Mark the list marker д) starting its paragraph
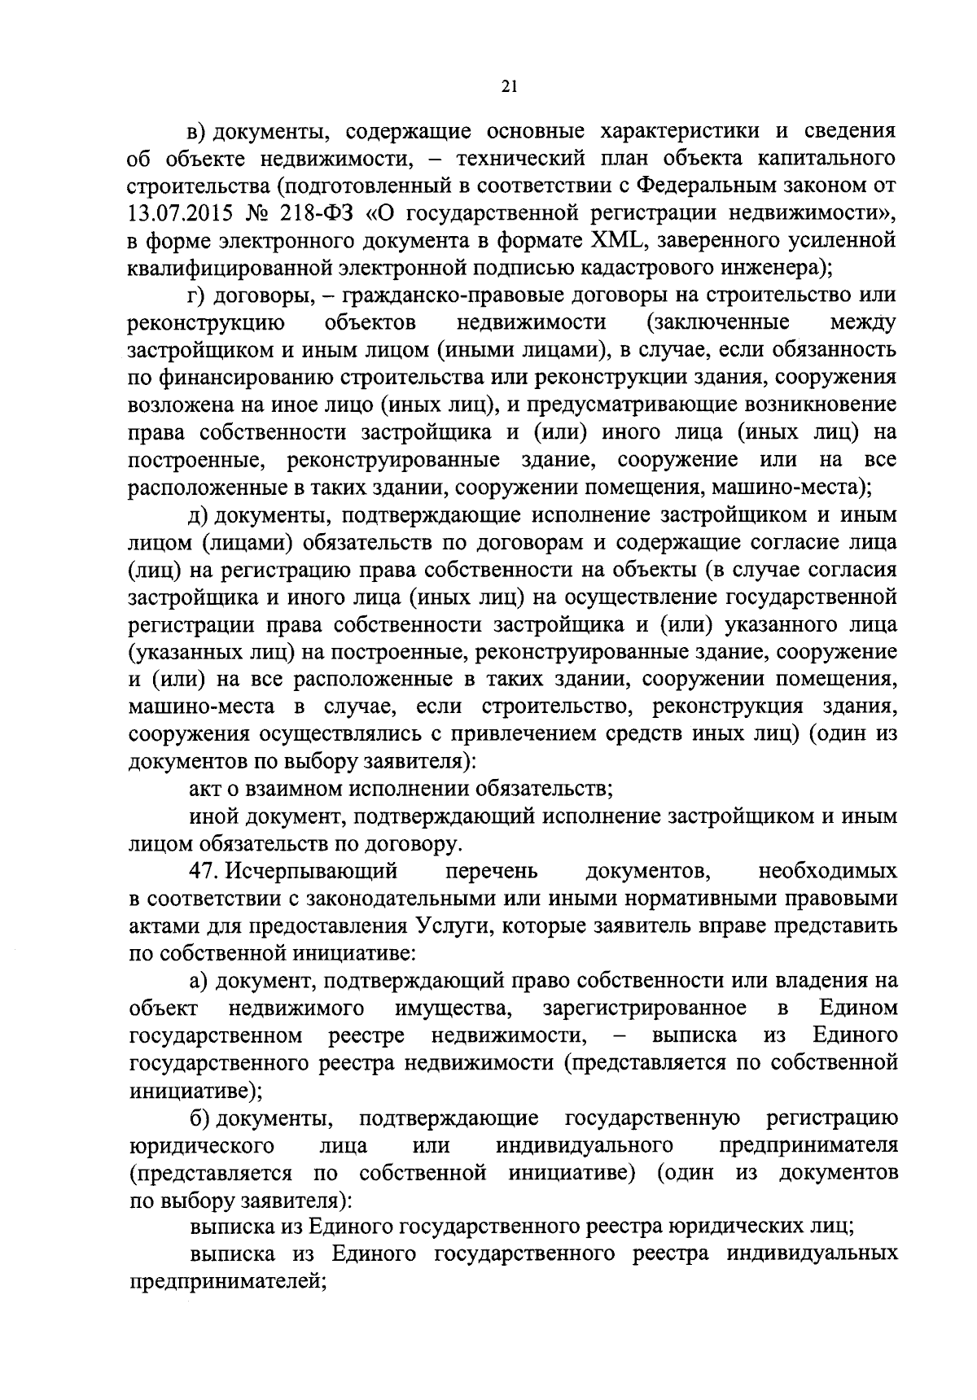197,515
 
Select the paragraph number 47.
204,871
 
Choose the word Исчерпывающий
313,871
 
